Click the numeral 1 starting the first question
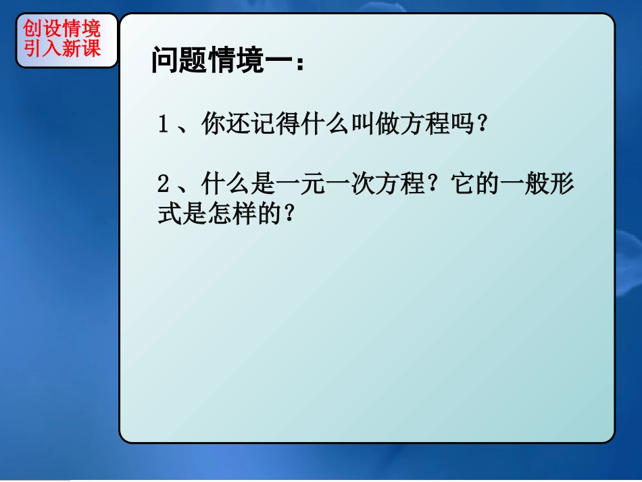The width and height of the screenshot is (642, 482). pyautogui.click(x=163, y=125)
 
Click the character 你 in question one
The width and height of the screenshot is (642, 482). pyautogui.click(x=214, y=125)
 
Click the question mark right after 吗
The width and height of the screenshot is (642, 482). pyautogui.click(x=482, y=125)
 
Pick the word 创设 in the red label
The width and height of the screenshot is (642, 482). pyautogui.click(x=43, y=28)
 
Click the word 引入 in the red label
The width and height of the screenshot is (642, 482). pyautogui.click(x=43, y=48)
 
